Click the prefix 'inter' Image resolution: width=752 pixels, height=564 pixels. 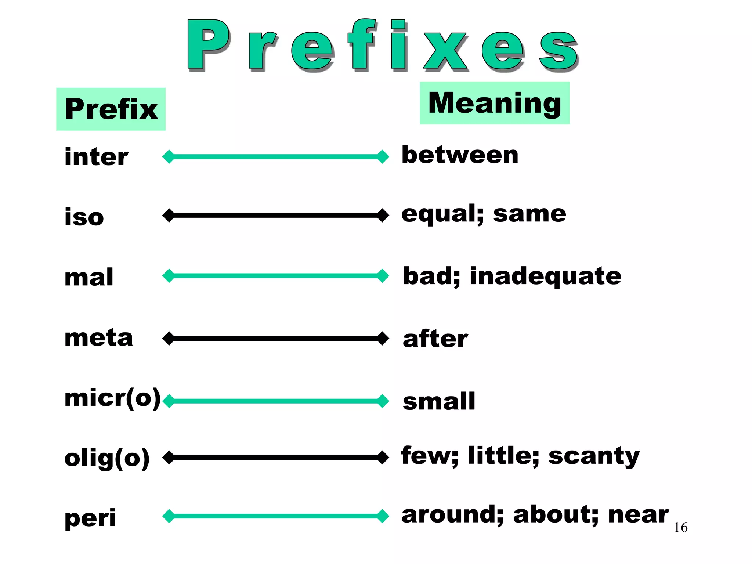[96, 157]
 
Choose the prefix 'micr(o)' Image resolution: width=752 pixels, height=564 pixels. [112, 398]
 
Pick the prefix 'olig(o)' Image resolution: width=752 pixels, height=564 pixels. [107, 458]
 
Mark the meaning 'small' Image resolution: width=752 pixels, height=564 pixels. [439, 401]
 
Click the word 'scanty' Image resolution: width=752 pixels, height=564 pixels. [594, 456]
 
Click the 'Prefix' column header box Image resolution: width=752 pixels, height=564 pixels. [111, 109]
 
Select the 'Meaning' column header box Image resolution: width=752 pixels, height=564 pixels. [495, 103]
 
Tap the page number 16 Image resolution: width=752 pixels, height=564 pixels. [680, 527]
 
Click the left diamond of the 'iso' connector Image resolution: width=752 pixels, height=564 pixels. [169, 215]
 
